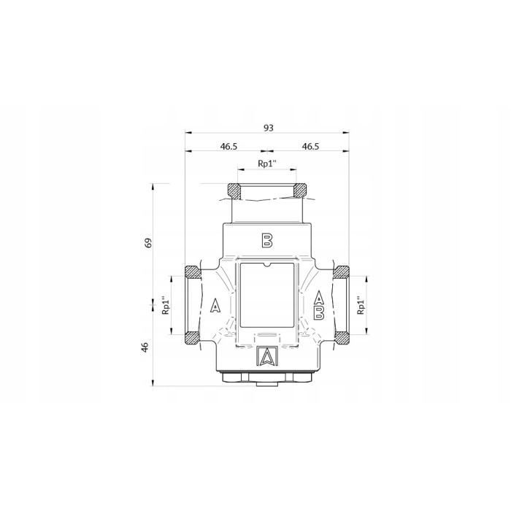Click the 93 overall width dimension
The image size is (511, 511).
coord(268,128)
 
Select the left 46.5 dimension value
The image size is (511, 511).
coord(228,147)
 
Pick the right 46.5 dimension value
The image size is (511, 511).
coord(310,147)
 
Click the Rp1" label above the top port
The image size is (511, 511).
coord(268,164)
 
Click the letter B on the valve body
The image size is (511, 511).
coord(267,239)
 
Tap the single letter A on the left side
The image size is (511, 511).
coord(215,306)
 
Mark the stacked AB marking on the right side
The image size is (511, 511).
coord(319,306)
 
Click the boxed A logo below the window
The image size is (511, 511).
coord(267,356)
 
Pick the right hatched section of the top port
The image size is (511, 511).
coord(299,192)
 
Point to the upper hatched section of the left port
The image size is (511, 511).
coord(192,272)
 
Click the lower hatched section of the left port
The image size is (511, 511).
coord(192,338)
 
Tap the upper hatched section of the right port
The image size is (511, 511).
coord(342,272)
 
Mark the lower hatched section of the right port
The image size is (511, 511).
coord(342,338)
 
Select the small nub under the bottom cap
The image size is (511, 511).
coord(267,383)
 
